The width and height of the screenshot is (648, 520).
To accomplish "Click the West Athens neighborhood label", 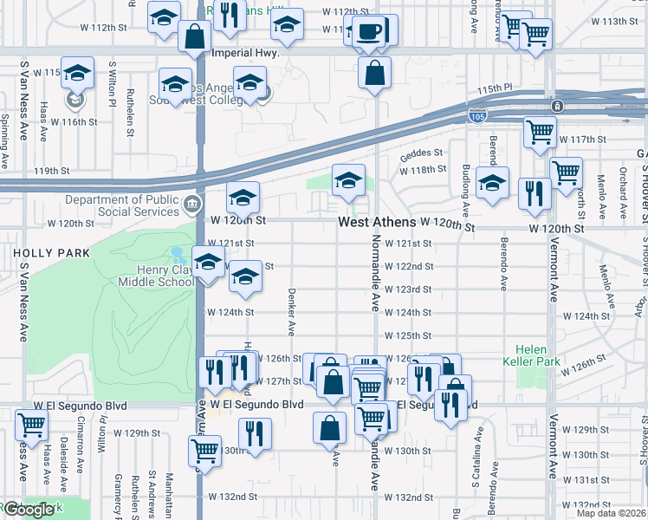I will click(x=377, y=223).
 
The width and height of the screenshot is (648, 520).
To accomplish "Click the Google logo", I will click(x=29, y=510).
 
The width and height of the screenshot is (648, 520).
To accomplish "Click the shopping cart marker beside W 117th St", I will click(x=539, y=133).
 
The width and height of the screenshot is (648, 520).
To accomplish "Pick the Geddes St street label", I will click(x=421, y=155).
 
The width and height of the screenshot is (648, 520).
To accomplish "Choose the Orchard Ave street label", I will click(x=622, y=195).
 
